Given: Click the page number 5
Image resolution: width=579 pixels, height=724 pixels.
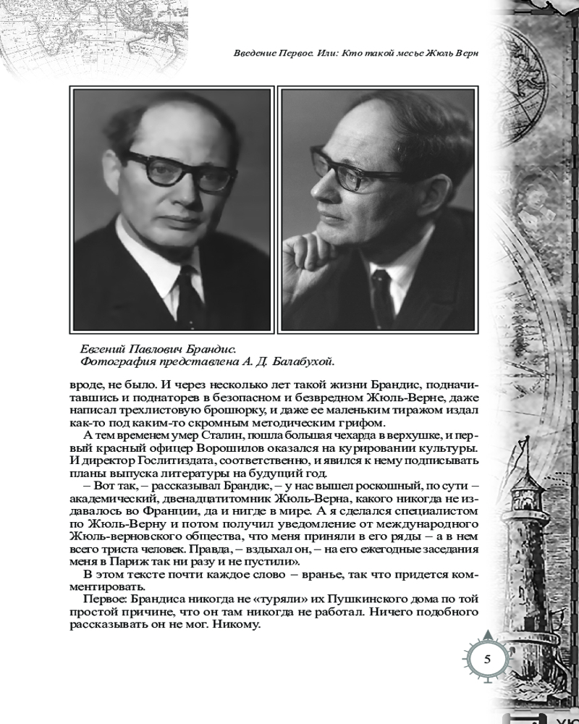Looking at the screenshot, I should [x=487, y=660].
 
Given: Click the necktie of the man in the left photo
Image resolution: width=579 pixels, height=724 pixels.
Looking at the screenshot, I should [x=190, y=298].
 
